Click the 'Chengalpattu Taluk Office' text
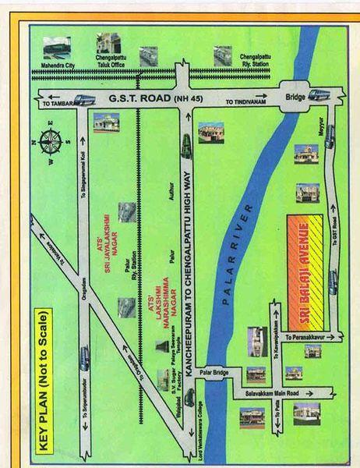click(108, 63)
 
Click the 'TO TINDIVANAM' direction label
click(245, 102)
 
